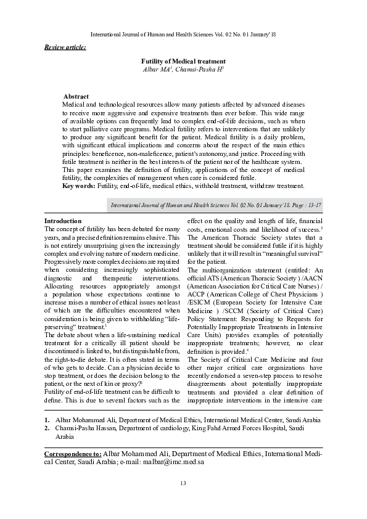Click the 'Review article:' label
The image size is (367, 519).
coord(65,47)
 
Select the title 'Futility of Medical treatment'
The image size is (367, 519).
coord(183,62)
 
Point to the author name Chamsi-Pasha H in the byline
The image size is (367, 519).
coord(199,70)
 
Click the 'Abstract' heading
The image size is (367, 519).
coord(76,97)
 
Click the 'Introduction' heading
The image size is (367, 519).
coord(63,221)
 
